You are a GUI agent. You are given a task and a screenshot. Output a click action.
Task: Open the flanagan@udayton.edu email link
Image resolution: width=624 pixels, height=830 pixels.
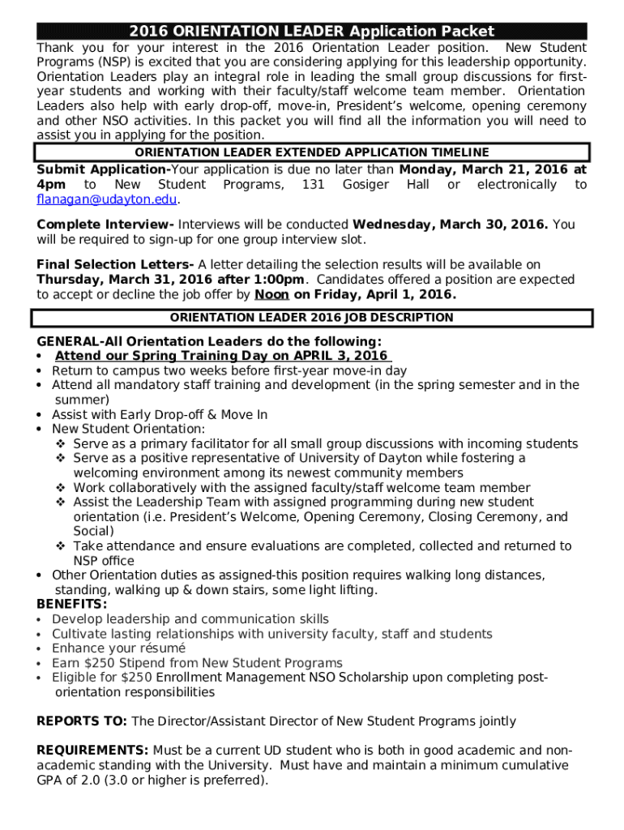pyautogui.click(x=106, y=200)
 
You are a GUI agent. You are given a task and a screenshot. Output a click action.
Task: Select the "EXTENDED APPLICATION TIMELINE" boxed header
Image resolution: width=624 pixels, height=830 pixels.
pyautogui.click(x=311, y=152)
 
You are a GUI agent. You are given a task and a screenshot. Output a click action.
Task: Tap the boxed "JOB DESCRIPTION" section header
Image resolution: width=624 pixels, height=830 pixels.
pyautogui.click(x=311, y=318)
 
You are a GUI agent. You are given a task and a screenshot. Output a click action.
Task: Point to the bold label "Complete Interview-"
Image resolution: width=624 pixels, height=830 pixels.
pyautogui.click(x=105, y=225)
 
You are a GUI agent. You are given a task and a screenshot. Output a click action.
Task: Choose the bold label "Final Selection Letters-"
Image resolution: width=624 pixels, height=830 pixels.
pyautogui.click(x=115, y=264)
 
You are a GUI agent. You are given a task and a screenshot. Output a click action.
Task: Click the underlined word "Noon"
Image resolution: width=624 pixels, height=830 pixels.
pyautogui.click(x=272, y=294)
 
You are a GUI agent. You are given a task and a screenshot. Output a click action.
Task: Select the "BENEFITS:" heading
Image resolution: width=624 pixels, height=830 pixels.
pyautogui.click(x=72, y=605)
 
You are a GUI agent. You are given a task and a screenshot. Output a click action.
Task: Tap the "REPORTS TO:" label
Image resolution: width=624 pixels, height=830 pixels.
pyautogui.click(x=82, y=721)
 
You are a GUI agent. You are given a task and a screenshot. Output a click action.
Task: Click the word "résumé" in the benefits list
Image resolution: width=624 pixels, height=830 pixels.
pyautogui.click(x=161, y=648)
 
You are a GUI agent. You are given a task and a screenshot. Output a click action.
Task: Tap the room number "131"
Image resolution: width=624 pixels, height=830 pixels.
pyautogui.click(x=313, y=186)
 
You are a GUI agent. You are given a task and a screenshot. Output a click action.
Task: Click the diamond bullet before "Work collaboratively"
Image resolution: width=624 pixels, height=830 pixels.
pyautogui.click(x=61, y=488)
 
